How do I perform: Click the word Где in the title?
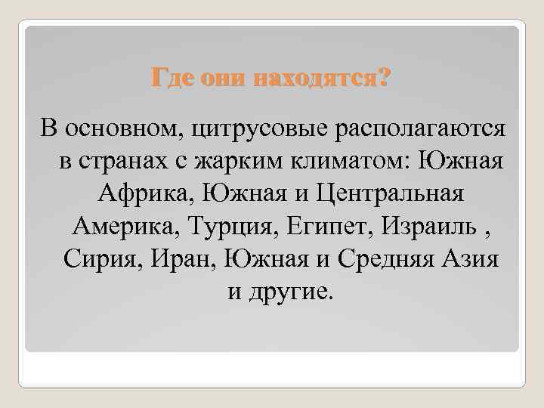tap(171, 77)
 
